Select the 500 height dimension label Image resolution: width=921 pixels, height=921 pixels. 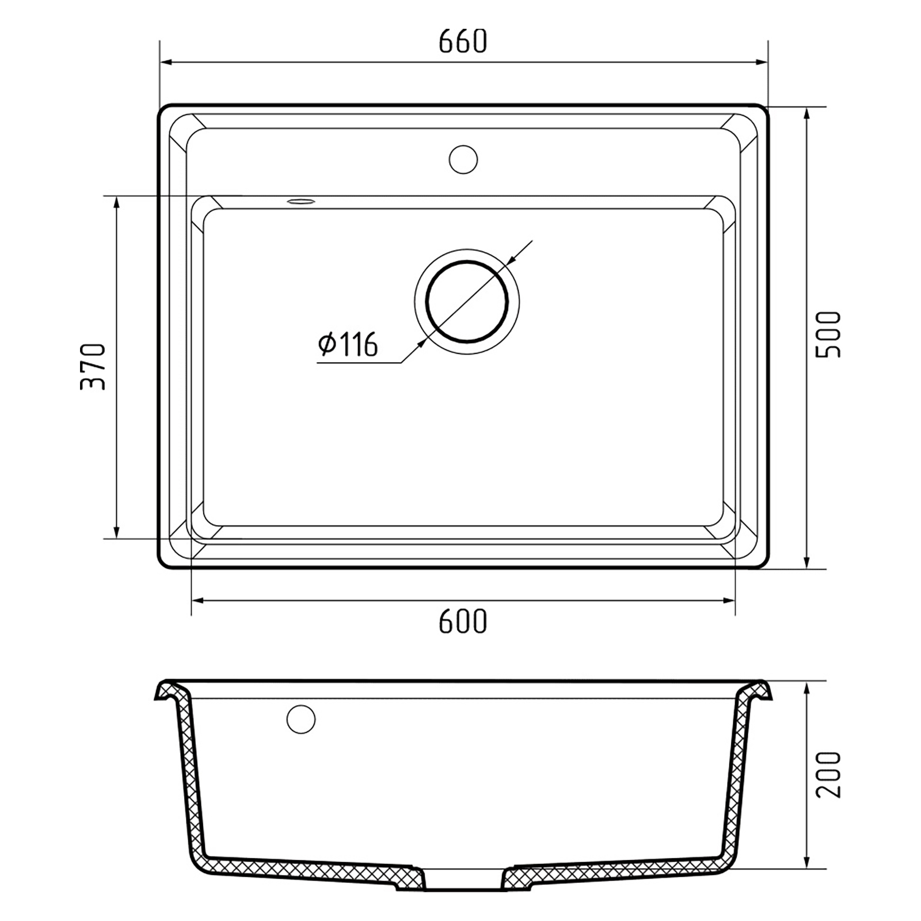(829, 334)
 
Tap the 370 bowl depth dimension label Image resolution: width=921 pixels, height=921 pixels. (93, 367)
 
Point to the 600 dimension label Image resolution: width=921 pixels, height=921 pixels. (463, 621)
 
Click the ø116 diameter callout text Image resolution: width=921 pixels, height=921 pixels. (348, 344)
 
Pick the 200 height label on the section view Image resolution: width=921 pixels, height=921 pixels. (829, 774)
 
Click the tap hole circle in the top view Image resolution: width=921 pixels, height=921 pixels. (463, 159)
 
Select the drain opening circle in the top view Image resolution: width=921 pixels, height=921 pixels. (467, 301)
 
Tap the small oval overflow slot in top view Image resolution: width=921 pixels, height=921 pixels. (301, 201)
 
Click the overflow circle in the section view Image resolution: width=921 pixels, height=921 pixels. (301, 719)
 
